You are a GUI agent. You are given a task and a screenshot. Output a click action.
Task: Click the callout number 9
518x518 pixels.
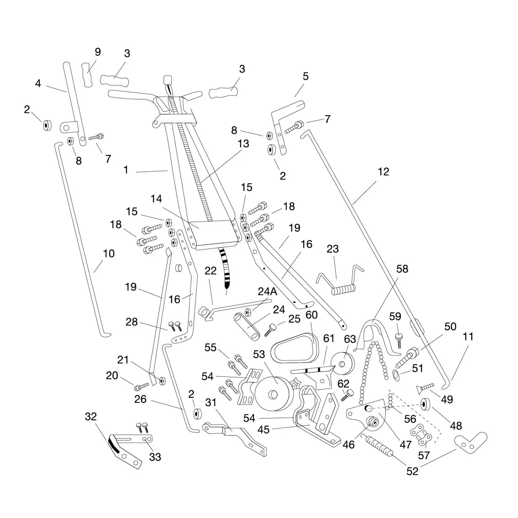(x=98, y=52)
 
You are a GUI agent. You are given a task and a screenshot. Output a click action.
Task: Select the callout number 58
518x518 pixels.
(x=402, y=269)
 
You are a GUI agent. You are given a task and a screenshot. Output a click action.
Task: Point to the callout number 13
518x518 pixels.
(x=243, y=143)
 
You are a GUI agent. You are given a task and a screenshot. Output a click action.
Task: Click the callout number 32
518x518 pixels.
(x=91, y=416)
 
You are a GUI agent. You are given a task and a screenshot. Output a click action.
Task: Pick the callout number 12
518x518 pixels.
(x=384, y=171)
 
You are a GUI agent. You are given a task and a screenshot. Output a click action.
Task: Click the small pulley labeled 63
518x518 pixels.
(x=344, y=364)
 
